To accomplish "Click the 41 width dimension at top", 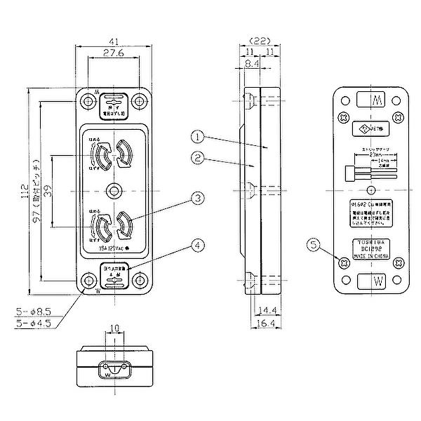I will pyautogui.click(x=112, y=41).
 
